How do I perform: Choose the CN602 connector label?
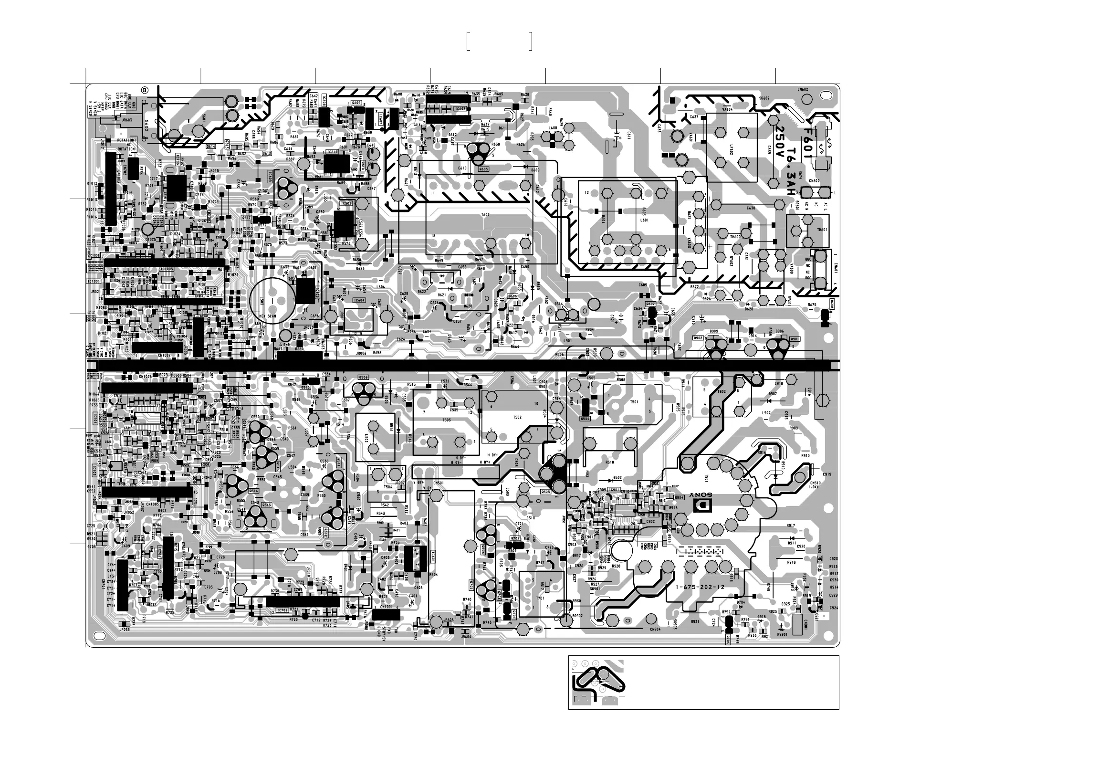802,89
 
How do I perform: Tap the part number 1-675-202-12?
700,588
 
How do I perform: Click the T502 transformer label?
517,417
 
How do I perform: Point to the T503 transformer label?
447,420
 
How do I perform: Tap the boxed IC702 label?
282,610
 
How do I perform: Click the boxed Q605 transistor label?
483,169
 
